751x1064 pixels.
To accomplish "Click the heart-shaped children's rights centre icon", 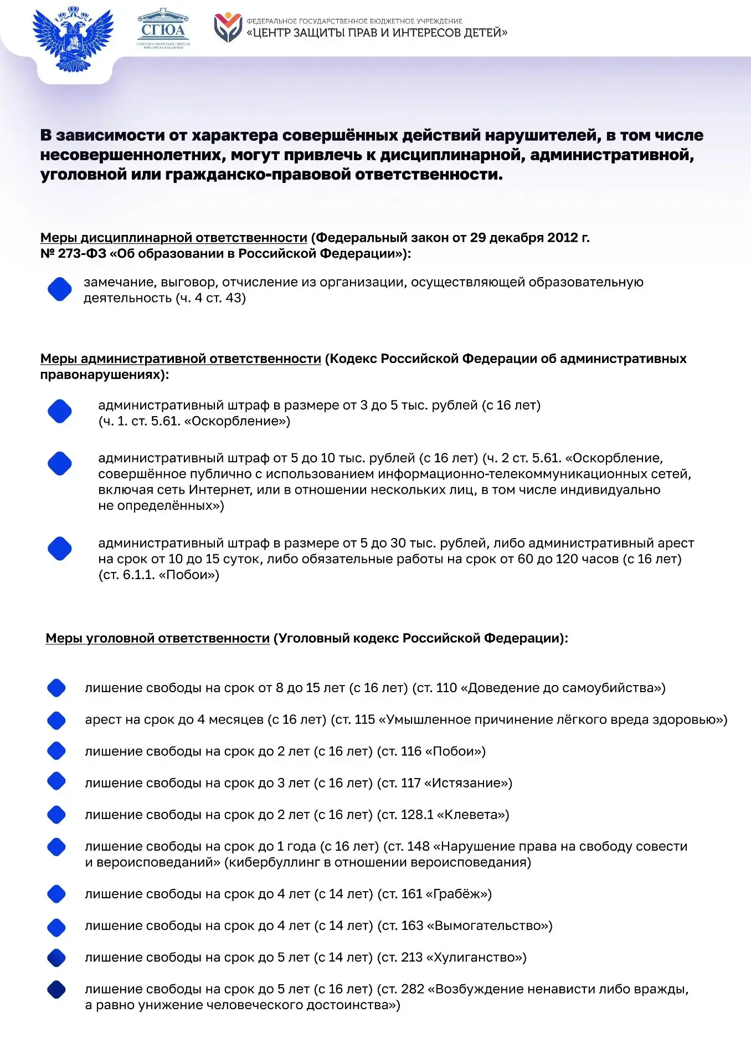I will point(228,28).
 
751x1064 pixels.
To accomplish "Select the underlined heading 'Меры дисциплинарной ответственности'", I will point(173,238).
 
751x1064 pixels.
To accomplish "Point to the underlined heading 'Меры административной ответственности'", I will point(181,359).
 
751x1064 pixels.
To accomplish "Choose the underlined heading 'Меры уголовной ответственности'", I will point(157,638).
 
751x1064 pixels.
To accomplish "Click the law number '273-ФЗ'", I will point(81,254).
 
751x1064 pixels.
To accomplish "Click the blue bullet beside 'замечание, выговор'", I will point(60,289).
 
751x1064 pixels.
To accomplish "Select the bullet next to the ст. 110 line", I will point(56,688).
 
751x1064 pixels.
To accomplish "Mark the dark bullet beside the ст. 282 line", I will point(56,989).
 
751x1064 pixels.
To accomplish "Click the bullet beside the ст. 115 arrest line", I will point(56,720).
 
